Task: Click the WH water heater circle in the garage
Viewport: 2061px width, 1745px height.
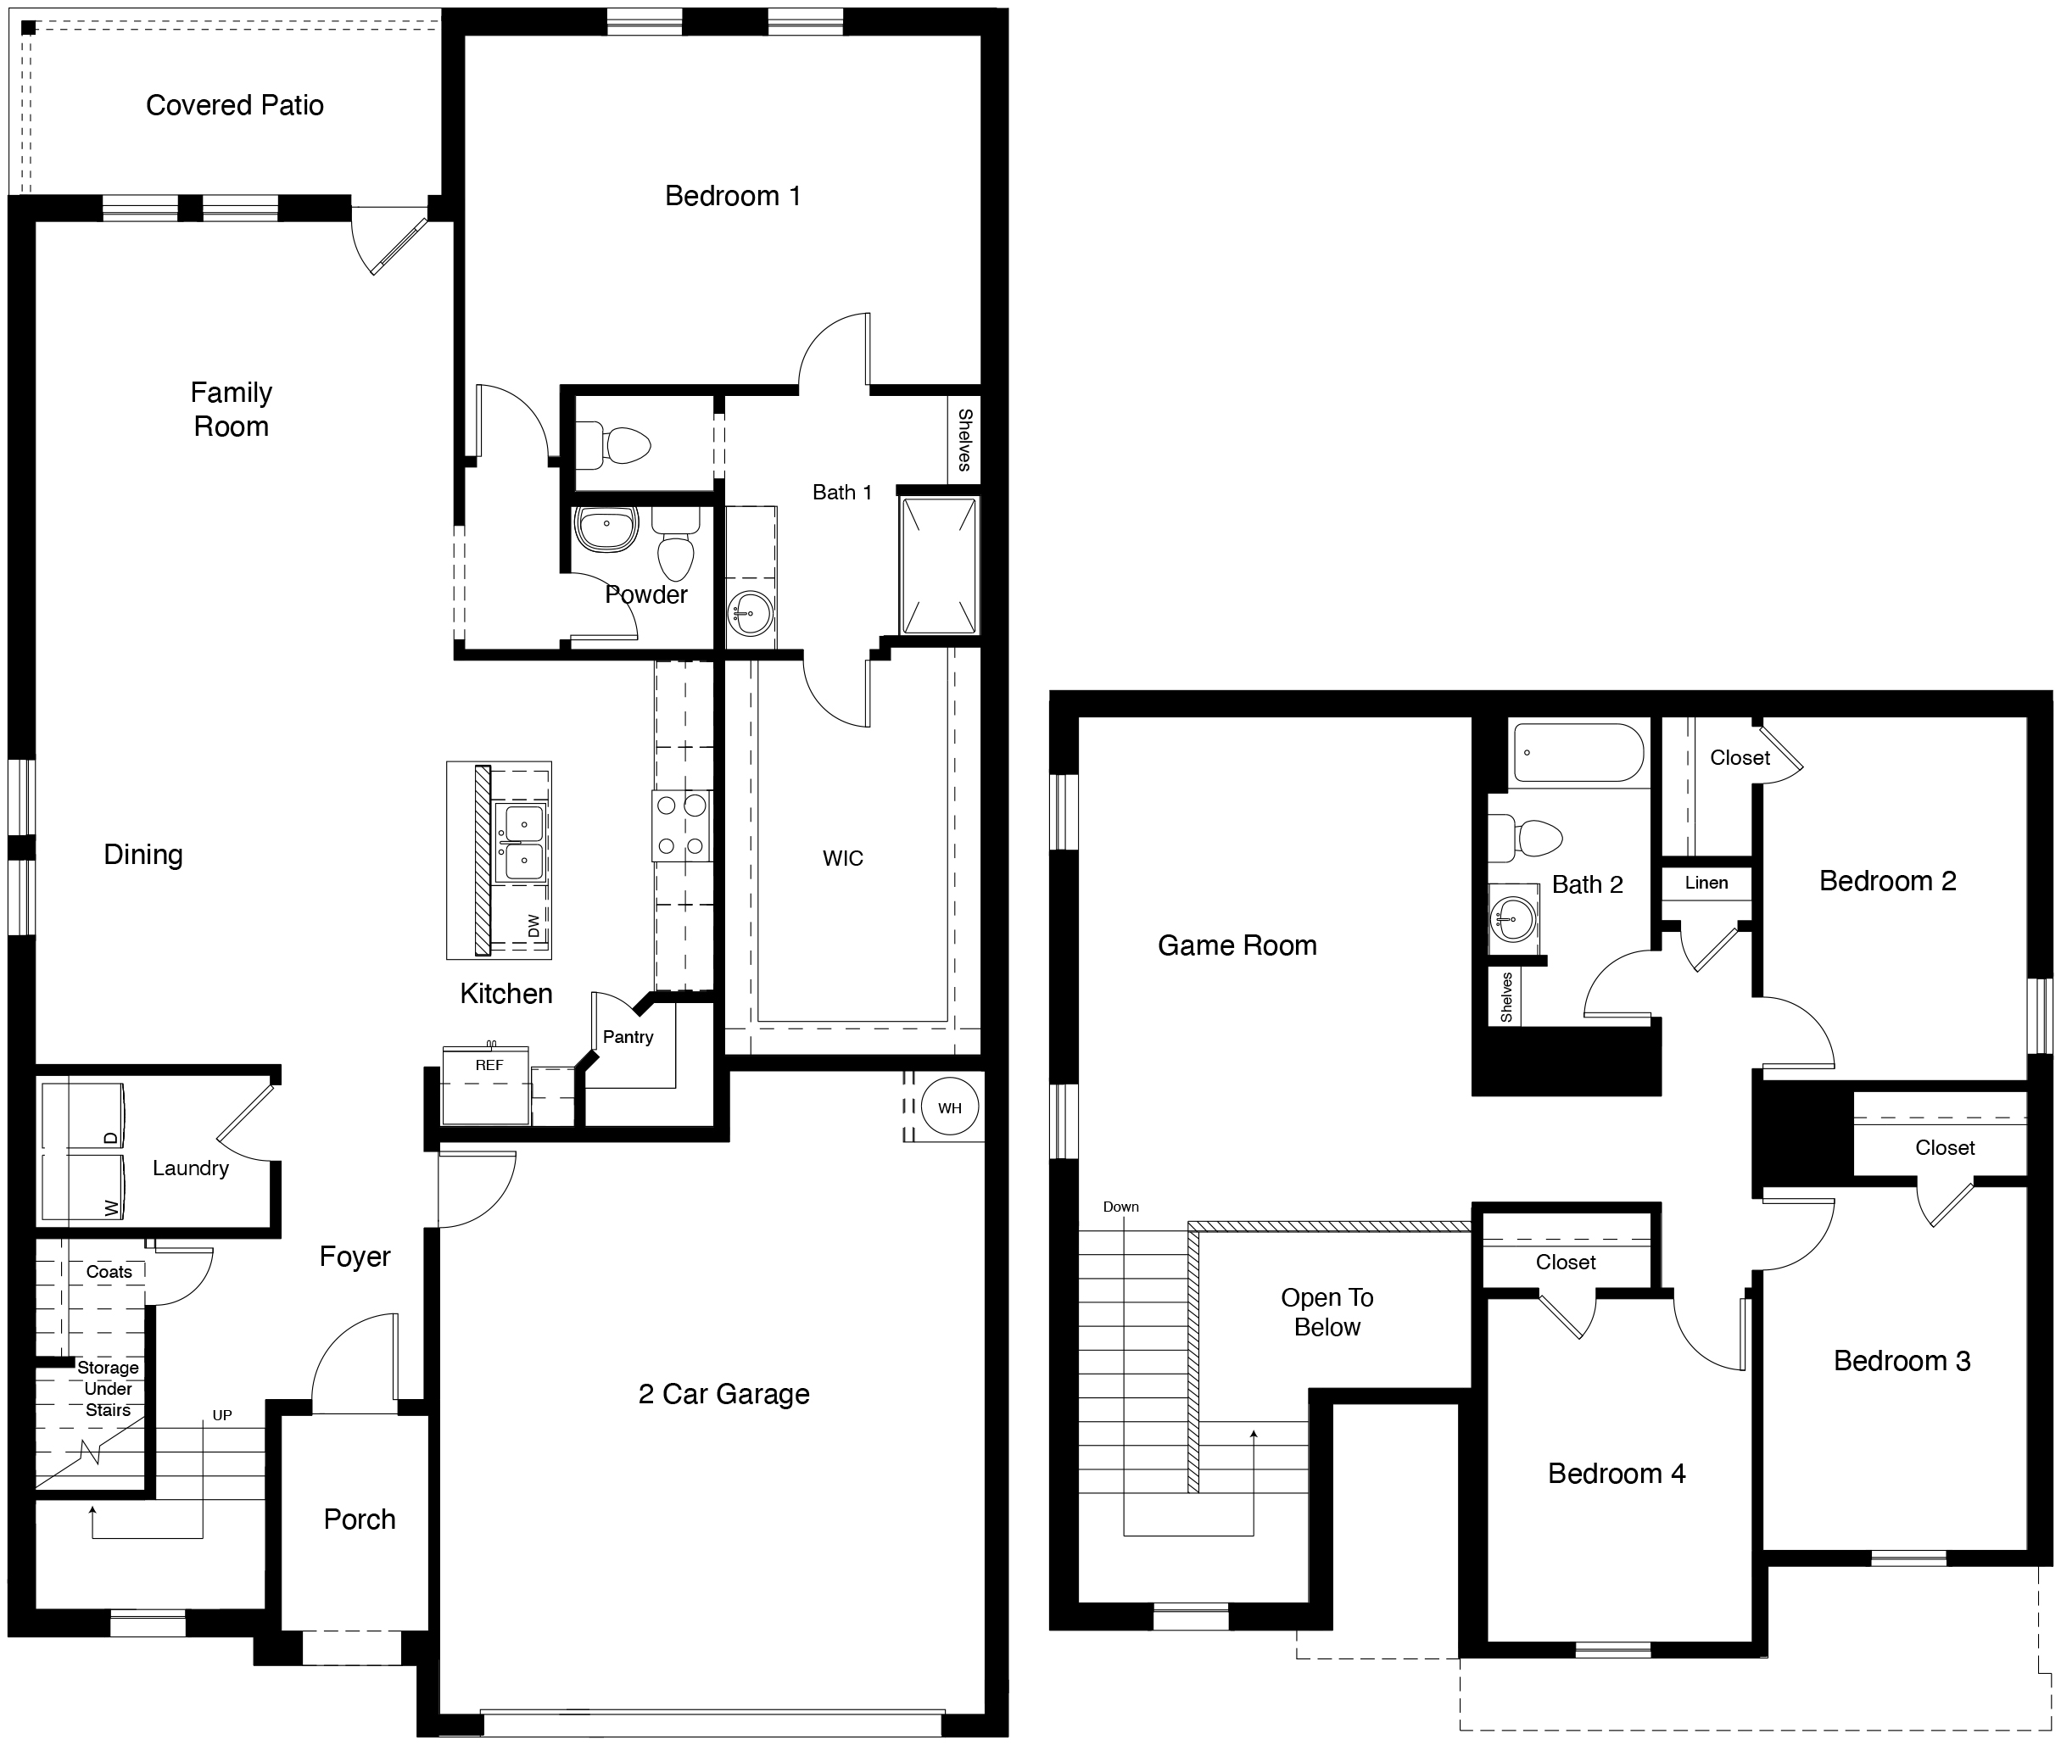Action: (949, 1107)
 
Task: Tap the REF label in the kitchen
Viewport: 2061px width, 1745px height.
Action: (489, 1065)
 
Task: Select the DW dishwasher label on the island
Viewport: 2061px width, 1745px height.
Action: (534, 926)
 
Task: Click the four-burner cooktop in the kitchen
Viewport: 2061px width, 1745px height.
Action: (682, 825)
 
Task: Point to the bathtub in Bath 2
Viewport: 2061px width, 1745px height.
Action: (1578, 753)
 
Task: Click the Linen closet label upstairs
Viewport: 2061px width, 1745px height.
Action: (1706, 883)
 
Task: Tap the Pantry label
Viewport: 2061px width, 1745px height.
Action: (628, 1037)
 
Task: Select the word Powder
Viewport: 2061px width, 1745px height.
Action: (646, 594)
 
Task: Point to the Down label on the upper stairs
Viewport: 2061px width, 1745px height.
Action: (1121, 1207)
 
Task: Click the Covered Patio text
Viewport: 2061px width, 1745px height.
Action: (234, 105)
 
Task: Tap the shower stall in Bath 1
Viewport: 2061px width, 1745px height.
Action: (939, 566)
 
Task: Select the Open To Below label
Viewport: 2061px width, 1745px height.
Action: (1327, 1312)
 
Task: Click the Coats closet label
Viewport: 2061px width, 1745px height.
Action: (109, 1272)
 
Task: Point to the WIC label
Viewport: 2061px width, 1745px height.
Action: (843, 859)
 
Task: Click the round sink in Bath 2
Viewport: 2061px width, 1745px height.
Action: (1512, 919)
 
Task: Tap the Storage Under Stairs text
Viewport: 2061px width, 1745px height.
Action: (108, 1389)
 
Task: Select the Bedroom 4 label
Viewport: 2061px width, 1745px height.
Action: (1616, 1474)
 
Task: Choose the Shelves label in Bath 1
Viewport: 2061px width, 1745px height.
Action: (964, 439)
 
